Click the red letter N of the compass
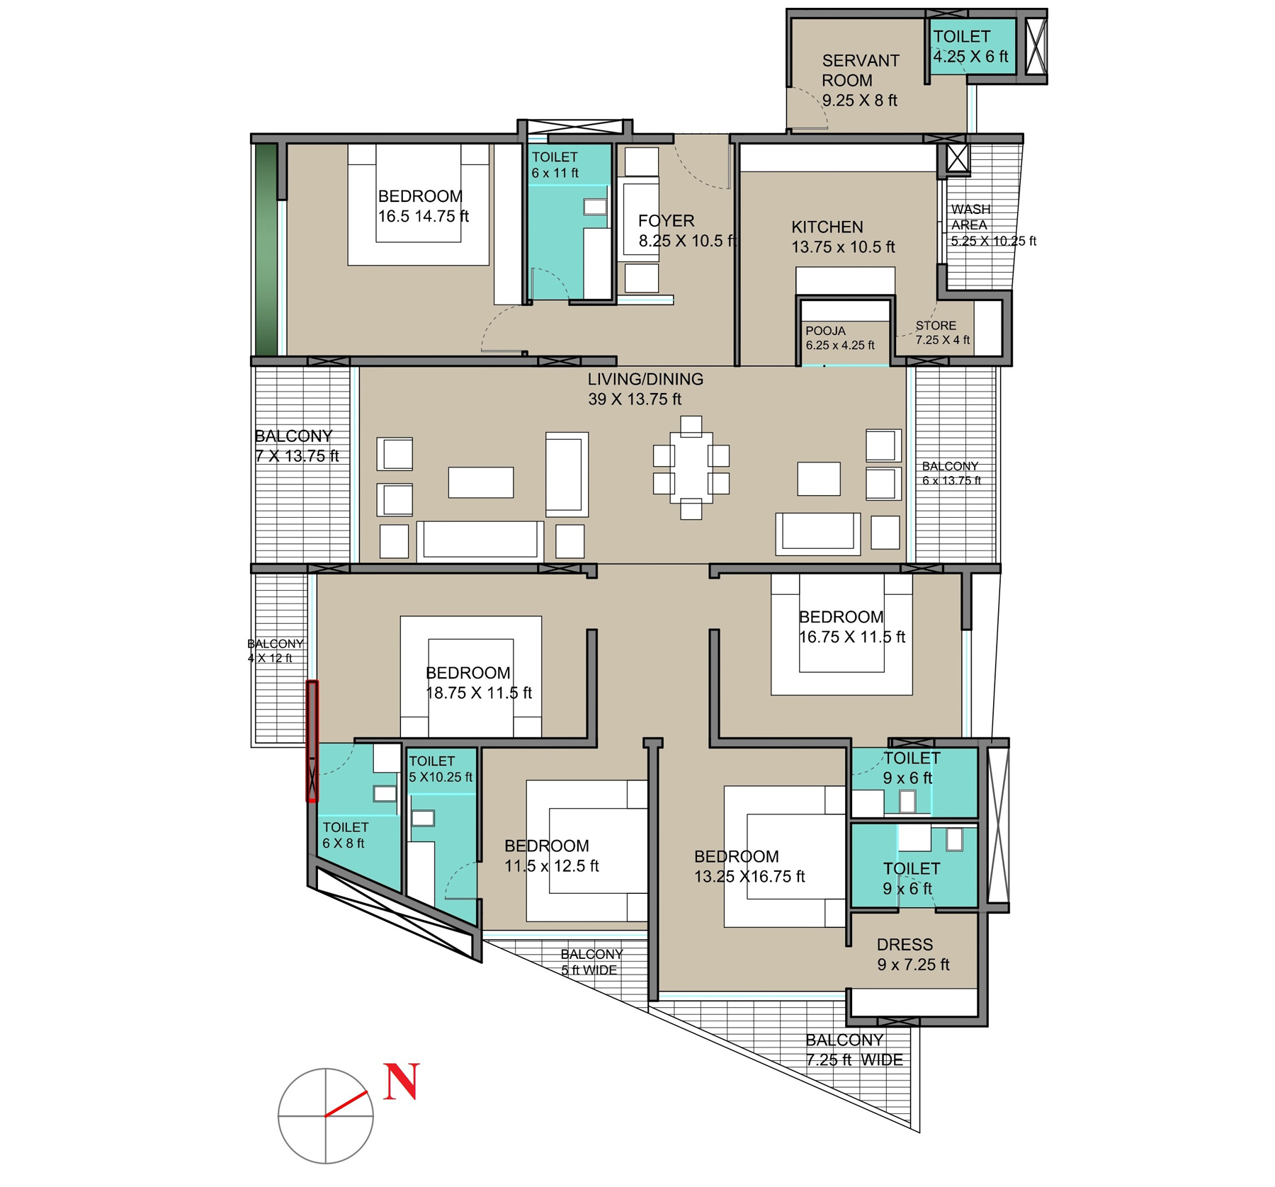point(402,1081)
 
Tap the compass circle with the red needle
point(278,1116)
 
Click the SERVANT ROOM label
point(860,71)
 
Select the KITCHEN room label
point(827,227)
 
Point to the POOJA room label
point(825,331)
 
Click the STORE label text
point(936,326)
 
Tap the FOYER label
point(667,221)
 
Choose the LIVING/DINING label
point(645,380)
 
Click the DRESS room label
point(905,945)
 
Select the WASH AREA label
point(970,217)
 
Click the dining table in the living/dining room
point(691,467)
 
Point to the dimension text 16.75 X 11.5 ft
point(852,637)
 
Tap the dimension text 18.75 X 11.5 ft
point(479,693)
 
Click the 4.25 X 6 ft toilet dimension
point(970,57)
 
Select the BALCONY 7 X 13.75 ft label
point(297,446)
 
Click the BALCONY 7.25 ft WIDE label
point(854,1050)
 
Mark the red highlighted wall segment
point(312,742)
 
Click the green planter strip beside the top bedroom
point(266,249)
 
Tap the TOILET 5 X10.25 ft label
point(441,769)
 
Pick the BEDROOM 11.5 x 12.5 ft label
point(552,856)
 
